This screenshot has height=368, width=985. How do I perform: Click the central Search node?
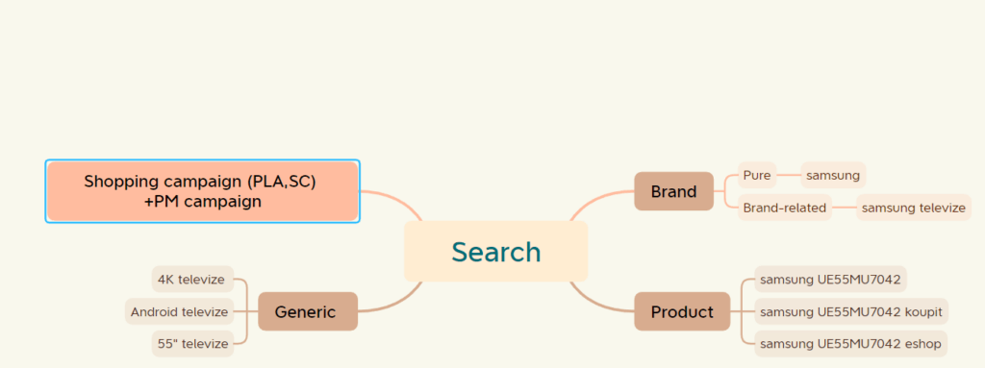[x=495, y=252]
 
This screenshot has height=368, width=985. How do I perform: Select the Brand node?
[x=673, y=191]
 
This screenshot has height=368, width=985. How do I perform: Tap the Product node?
[x=682, y=311]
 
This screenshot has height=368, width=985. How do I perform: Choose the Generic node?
[x=306, y=311]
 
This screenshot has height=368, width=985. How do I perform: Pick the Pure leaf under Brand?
[x=756, y=175]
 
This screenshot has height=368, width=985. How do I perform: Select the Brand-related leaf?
[x=784, y=208]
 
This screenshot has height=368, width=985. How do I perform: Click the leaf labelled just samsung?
[x=833, y=175]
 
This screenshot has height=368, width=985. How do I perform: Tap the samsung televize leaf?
[x=914, y=208]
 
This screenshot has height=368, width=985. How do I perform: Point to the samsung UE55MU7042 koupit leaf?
[x=851, y=311]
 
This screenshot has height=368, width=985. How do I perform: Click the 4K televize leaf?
[x=192, y=280]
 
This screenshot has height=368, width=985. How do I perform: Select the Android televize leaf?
[x=180, y=311]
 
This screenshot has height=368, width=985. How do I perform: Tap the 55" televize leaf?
[x=192, y=343]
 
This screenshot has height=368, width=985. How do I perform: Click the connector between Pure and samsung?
[x=787, y=175]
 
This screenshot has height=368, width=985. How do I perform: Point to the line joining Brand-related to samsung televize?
[x=844, y=208]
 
